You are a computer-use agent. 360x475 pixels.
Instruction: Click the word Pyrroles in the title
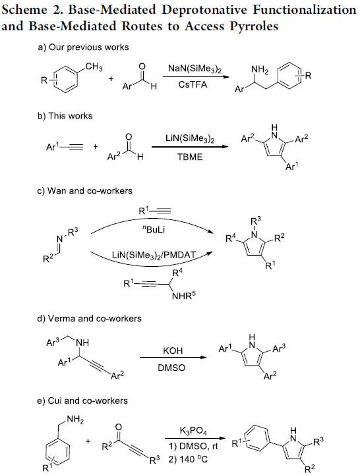pos(254,26)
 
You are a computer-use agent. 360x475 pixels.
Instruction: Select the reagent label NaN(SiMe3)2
pos(195,69)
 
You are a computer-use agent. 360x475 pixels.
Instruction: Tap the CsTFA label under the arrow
pos(193,84)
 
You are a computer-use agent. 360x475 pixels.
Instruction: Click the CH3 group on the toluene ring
pos(94,67)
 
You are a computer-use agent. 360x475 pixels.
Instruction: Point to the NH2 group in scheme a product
pos(260,70)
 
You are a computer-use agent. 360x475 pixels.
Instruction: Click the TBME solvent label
pos(190,157)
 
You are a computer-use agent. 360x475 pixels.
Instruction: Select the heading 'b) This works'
pos(65,116)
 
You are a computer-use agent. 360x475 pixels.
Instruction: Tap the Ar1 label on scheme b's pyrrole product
pos(292,166)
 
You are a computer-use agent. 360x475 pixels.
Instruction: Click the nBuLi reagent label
pos(154,230)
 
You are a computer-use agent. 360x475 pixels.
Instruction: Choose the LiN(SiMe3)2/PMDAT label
pos(154,254)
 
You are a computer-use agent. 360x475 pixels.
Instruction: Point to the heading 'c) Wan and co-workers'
pos(85,191)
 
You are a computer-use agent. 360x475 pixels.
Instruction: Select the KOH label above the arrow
pos(173,350)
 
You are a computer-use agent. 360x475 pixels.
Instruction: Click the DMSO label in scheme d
pos(171,368)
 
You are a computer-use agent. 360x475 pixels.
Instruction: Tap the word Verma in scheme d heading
pos(61,319)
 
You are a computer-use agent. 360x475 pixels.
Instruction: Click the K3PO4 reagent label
pos(193,430)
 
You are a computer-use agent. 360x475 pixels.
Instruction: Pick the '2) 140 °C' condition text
pos(188,460)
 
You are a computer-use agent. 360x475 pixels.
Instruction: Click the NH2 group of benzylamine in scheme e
pos(75,420)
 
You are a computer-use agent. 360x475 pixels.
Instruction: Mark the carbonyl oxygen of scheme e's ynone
pos(119,427)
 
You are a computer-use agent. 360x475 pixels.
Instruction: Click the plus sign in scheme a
pos(111,79)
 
